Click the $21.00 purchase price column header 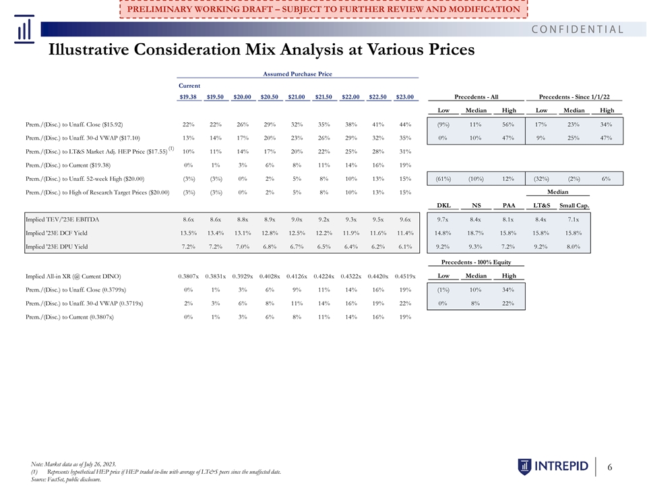click(x=297, y=97)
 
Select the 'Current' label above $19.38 click(x=189, y=86)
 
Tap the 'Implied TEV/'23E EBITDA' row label click(x=62, y=219)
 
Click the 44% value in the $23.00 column click(x=405, y=124)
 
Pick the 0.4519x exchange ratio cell click(x=405, y=276)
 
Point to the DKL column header click(x=443, y=205)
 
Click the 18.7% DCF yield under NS click(x=476, y=233)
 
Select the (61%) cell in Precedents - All click(x=443, y=179)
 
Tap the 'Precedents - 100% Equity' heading click(x=476, y=262)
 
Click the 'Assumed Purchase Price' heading click(x=297, y=74)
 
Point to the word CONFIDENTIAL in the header click(x=578, y=29)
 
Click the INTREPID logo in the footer click(x=553, y=466)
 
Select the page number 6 click(x=609, y=467)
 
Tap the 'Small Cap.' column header click(x=574, y=205)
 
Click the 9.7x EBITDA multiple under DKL click(x=443, y=219)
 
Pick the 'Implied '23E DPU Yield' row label click(x=57, y=247)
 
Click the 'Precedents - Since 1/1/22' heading click(x=574, y=97)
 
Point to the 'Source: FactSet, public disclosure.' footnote click(x=66, y=479)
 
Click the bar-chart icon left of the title click(x=24, y=29)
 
